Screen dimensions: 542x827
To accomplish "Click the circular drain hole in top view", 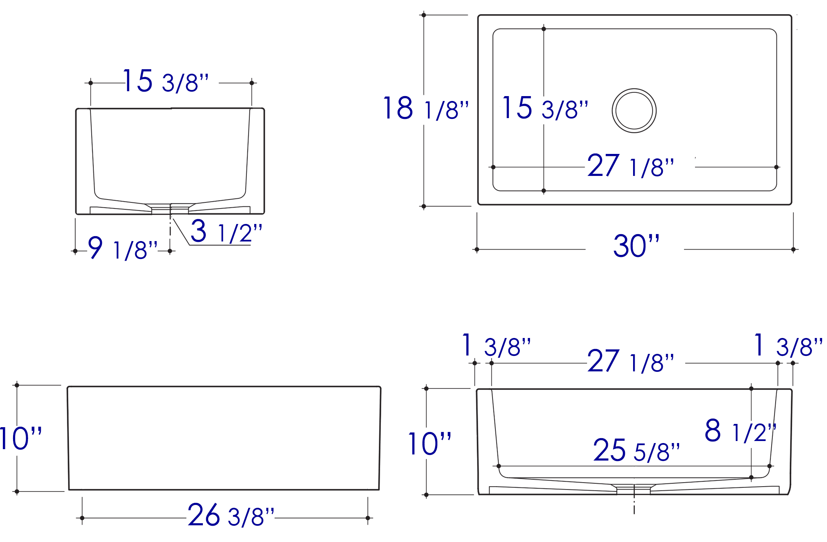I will tap(634, 111).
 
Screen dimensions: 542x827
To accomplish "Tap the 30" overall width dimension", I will tap(636, 246).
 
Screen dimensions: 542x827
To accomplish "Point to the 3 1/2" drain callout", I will tap(226, 231).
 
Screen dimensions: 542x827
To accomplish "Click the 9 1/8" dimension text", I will tap(123, 248).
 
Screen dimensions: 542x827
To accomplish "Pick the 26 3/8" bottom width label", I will tap(231, 516).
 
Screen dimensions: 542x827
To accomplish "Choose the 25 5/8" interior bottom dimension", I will tap(636, 450).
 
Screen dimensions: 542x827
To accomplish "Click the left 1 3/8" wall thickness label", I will tap(496, 346).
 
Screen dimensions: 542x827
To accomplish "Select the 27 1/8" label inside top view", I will tap(631, 166).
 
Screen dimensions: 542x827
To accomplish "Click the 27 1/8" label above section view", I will tap(631, 362).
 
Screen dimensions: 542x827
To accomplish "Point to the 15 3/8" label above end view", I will tap(165, 81).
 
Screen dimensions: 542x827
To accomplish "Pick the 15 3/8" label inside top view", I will tap(545, 109).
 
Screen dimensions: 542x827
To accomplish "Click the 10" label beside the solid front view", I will tap(20, 439).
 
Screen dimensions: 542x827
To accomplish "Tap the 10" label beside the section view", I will tap(430, 444).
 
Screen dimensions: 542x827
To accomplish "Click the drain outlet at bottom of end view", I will tap(170, 209).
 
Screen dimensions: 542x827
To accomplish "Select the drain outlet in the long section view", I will tap(633, 490).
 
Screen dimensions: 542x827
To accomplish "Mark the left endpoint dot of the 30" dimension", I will tap(477, 250).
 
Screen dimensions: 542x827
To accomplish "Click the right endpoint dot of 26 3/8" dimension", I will tap(367, 518).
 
